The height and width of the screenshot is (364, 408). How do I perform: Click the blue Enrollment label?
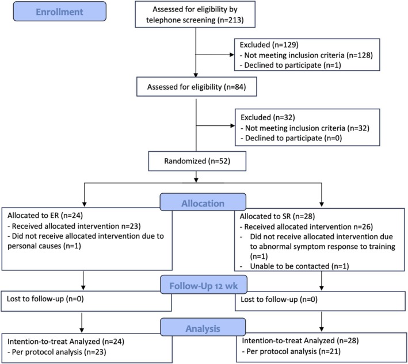(x=60, y=12)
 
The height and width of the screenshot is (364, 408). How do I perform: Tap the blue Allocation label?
(x=203, y=202)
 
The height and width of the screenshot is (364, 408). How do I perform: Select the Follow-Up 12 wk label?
(x=204, y=285)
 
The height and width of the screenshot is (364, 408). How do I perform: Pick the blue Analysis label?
(x=203, y=328)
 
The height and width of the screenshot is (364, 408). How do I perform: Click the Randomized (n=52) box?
(x=197, y=161)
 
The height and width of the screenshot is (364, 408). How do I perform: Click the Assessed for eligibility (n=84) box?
(x=197, y=87)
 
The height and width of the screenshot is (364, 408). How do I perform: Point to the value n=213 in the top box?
(x=231, y=20)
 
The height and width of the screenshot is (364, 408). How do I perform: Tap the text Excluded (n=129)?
(x=269, y=45)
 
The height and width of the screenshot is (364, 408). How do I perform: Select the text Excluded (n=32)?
(x=268, y=117)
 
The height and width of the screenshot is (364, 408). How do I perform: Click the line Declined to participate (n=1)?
(x=291, y=65)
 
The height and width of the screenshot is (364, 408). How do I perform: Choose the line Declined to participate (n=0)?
(x=291, y=138)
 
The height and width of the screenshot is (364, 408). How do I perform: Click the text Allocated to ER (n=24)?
(x=45, y=215)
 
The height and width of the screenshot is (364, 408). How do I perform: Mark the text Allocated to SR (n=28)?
(x=277, y=216)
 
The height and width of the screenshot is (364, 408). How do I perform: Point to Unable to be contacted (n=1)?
(x=299, y=266)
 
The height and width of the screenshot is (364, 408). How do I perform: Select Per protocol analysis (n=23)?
(x=57, y=352)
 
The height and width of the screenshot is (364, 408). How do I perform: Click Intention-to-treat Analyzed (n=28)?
(x=300, y=340)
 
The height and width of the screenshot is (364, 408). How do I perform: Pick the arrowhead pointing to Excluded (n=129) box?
(x=232, y=55)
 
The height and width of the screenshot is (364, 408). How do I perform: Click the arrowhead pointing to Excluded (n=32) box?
(x=232, y=126)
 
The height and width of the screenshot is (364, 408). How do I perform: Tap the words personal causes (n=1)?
(x=44, y=246)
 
